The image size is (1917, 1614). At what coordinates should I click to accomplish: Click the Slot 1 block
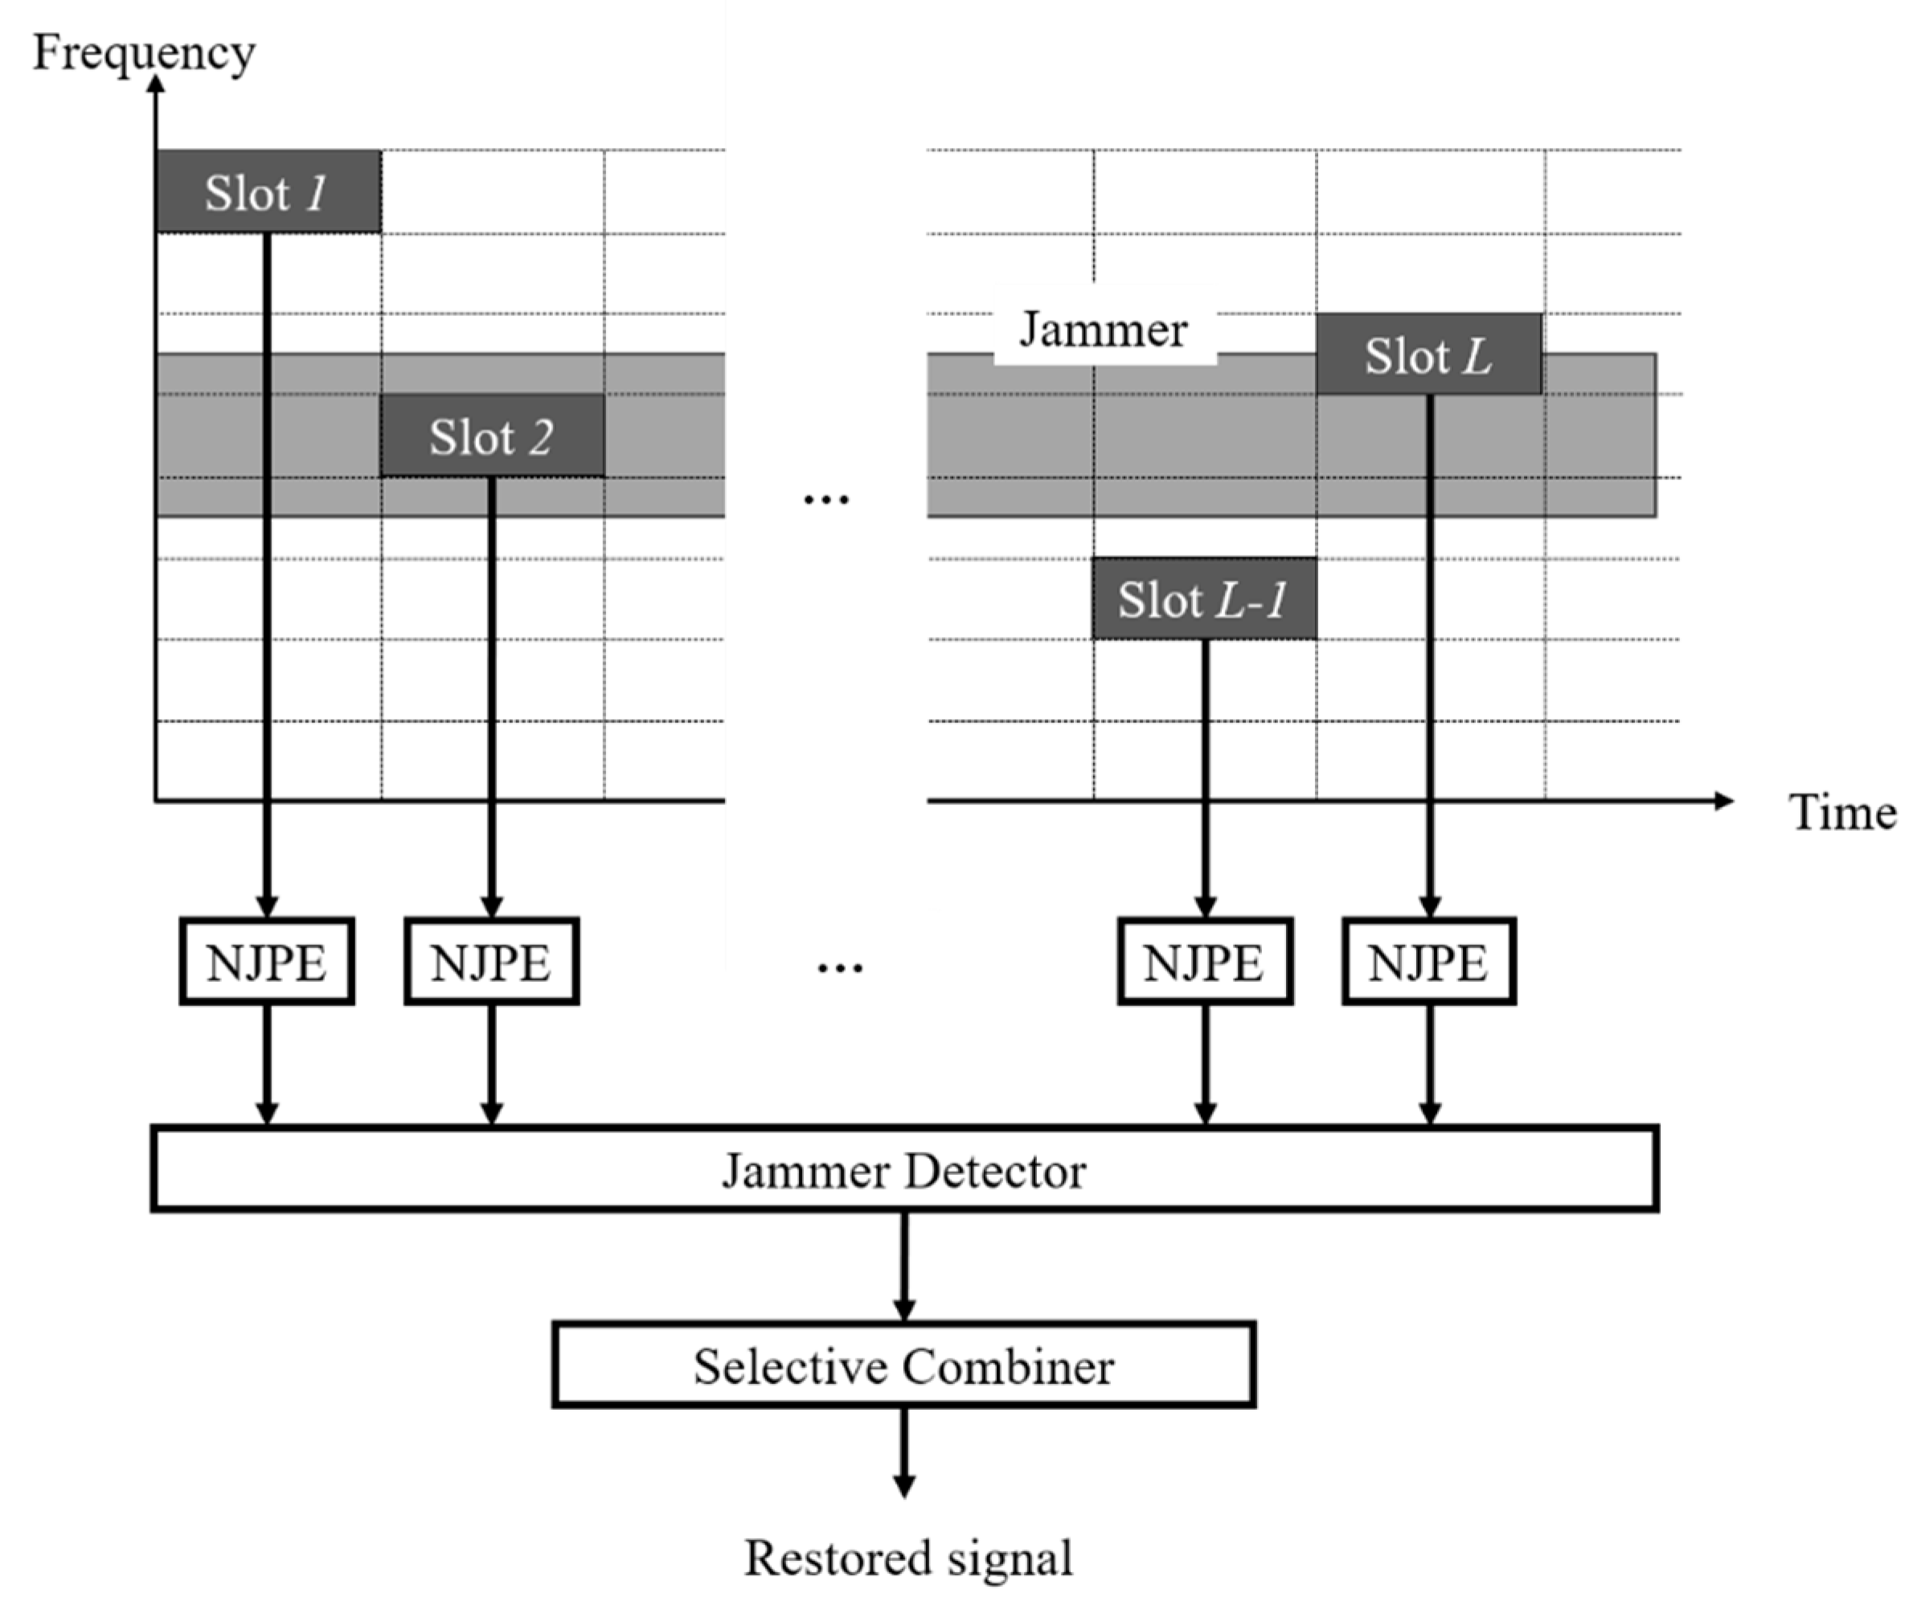click(x=268, y=192)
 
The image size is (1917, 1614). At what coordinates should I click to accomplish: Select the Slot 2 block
click(x=492, y=437)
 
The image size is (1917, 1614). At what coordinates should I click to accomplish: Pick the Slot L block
click(x=1428, y=355)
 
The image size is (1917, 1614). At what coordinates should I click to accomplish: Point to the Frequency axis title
click(x=144, y=52)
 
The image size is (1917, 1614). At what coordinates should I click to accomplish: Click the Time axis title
click(x=1841, y=812)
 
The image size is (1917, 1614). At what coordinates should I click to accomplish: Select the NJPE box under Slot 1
click(x=266, y=962)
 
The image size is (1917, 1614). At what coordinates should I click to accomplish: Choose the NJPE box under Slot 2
click(x=491, y=962)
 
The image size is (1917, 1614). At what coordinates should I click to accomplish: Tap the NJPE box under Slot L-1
click(x=1205, y=962)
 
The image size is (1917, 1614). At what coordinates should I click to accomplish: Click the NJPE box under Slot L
click(x=1428, y=962)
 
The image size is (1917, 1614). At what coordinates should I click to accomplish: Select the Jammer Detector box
click(x=903, y=1170)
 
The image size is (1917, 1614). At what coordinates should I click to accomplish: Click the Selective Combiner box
click(x=903, y=1366)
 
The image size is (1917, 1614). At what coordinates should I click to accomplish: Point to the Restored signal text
click(x=907, y=1557)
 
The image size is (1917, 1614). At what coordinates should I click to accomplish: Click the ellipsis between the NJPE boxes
click(x=840, y=968)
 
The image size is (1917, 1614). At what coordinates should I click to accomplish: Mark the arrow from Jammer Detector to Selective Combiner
click(x=903, y=1267)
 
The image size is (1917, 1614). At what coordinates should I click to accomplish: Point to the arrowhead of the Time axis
click(x=1723, y=802)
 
